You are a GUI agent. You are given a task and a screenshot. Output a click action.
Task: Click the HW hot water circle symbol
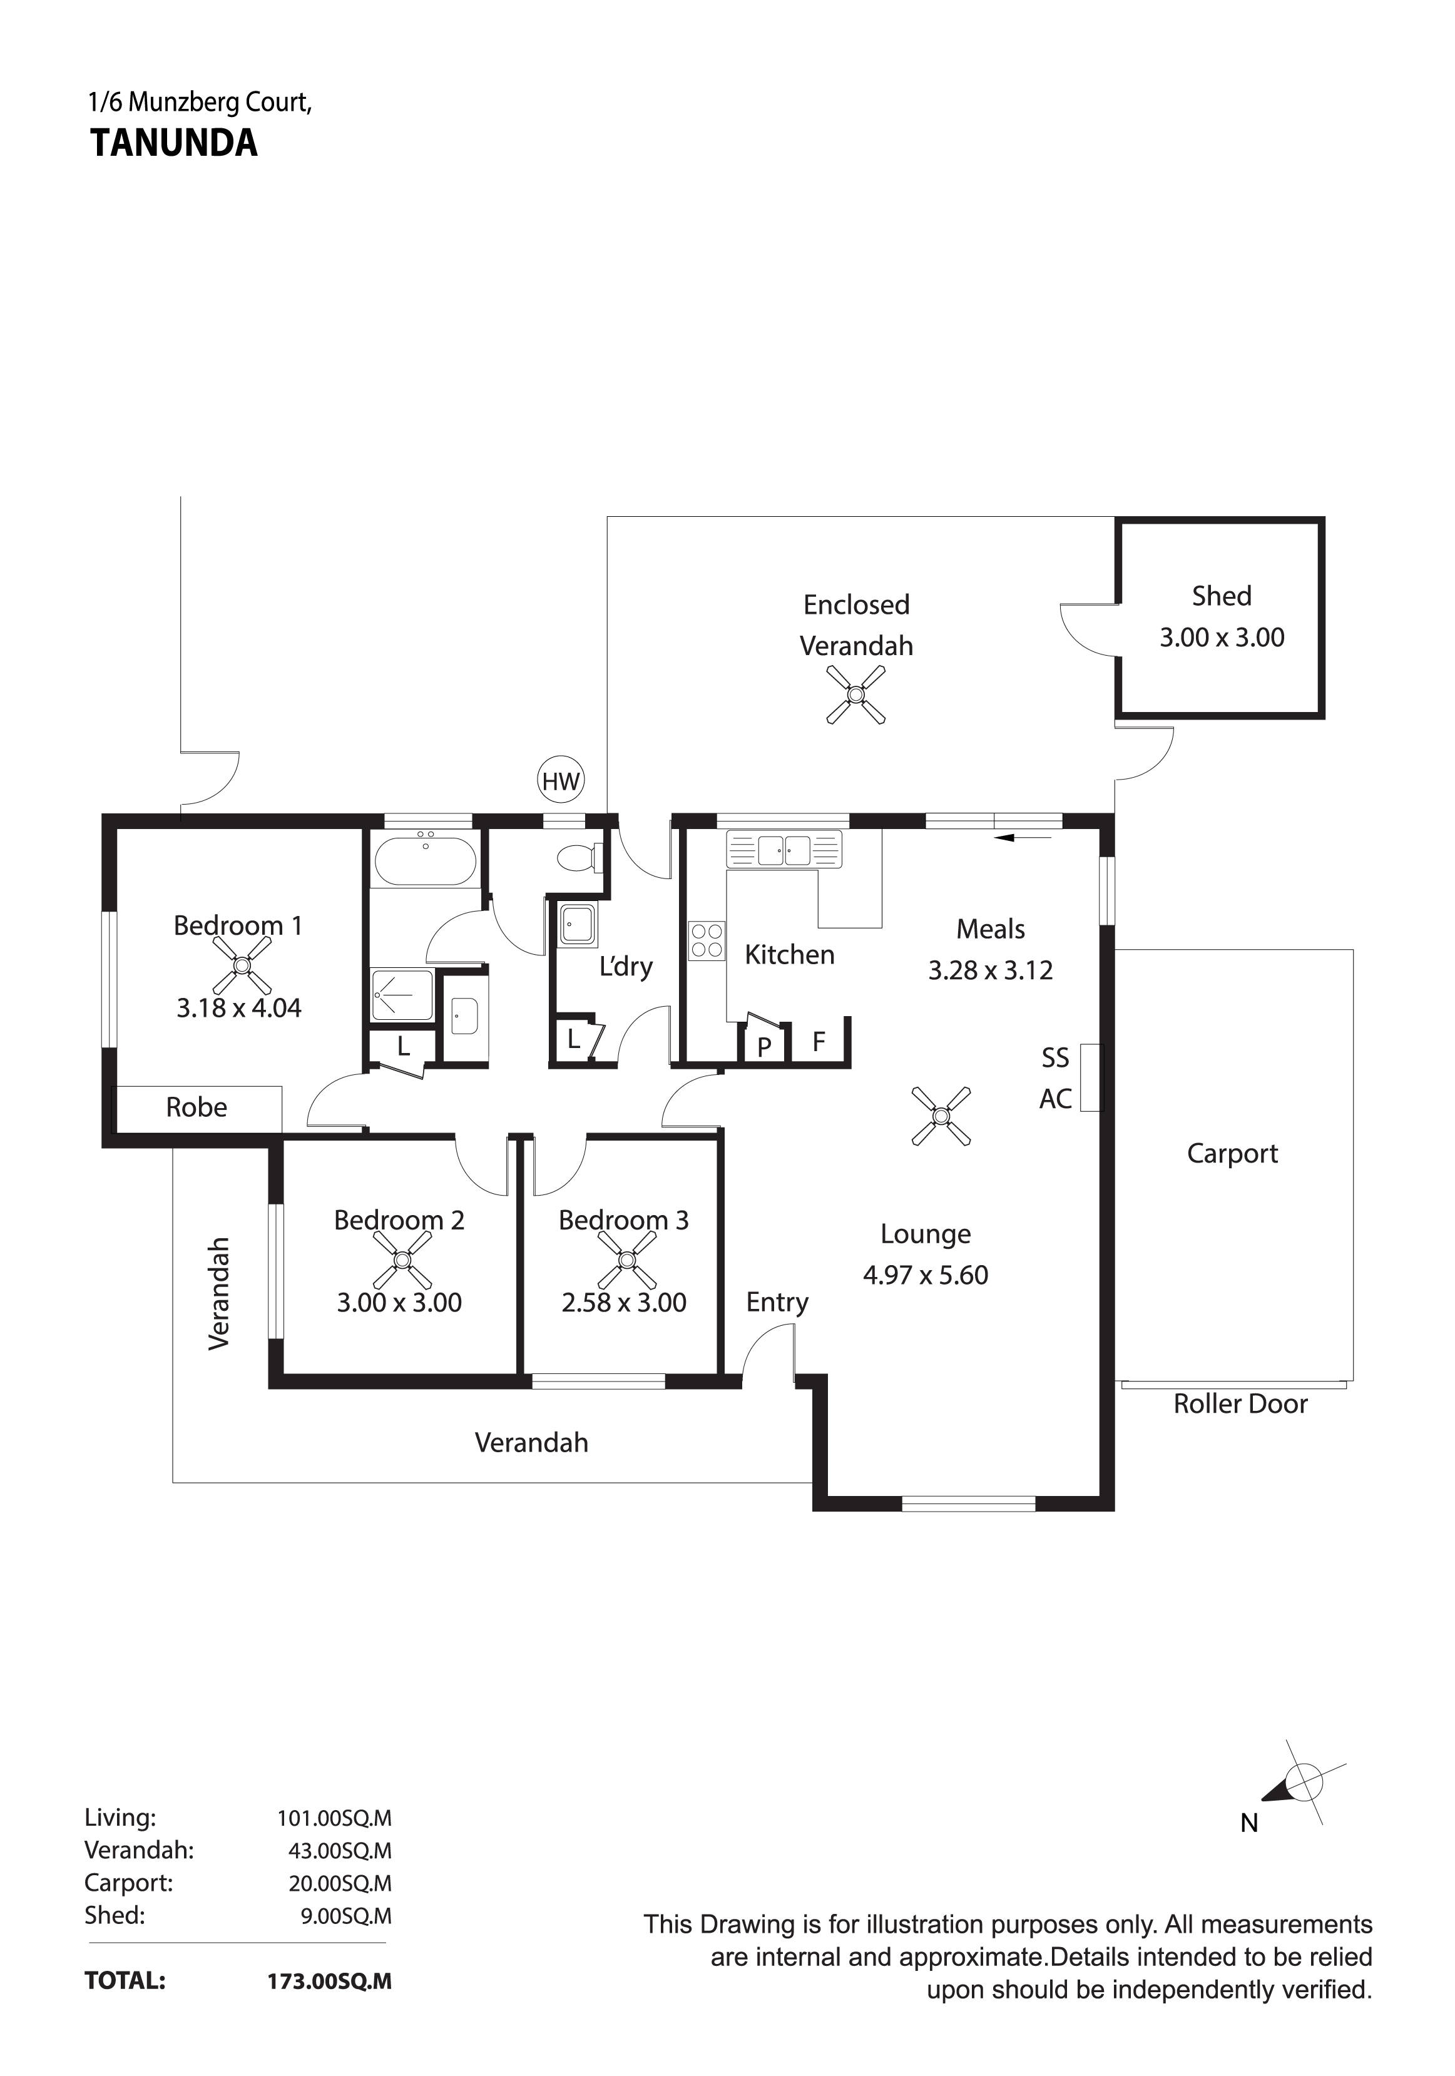561,781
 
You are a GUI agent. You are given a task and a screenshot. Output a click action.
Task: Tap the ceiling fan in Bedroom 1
242,965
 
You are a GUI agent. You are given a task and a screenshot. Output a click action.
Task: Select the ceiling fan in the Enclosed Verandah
855,695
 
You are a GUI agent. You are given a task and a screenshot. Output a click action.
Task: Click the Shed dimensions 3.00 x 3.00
1222,638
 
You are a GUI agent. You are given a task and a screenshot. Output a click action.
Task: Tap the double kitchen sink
784,850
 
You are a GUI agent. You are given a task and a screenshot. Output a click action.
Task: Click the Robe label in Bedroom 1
197,1107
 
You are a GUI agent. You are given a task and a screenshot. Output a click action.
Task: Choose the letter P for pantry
764,1047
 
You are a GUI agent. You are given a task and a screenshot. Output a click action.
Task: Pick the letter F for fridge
819,1042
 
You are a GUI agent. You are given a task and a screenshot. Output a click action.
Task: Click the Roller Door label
1240,1403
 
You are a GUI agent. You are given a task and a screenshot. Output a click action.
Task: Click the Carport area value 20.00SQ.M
340,1883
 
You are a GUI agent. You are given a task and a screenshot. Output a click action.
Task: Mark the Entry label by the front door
777,1302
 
